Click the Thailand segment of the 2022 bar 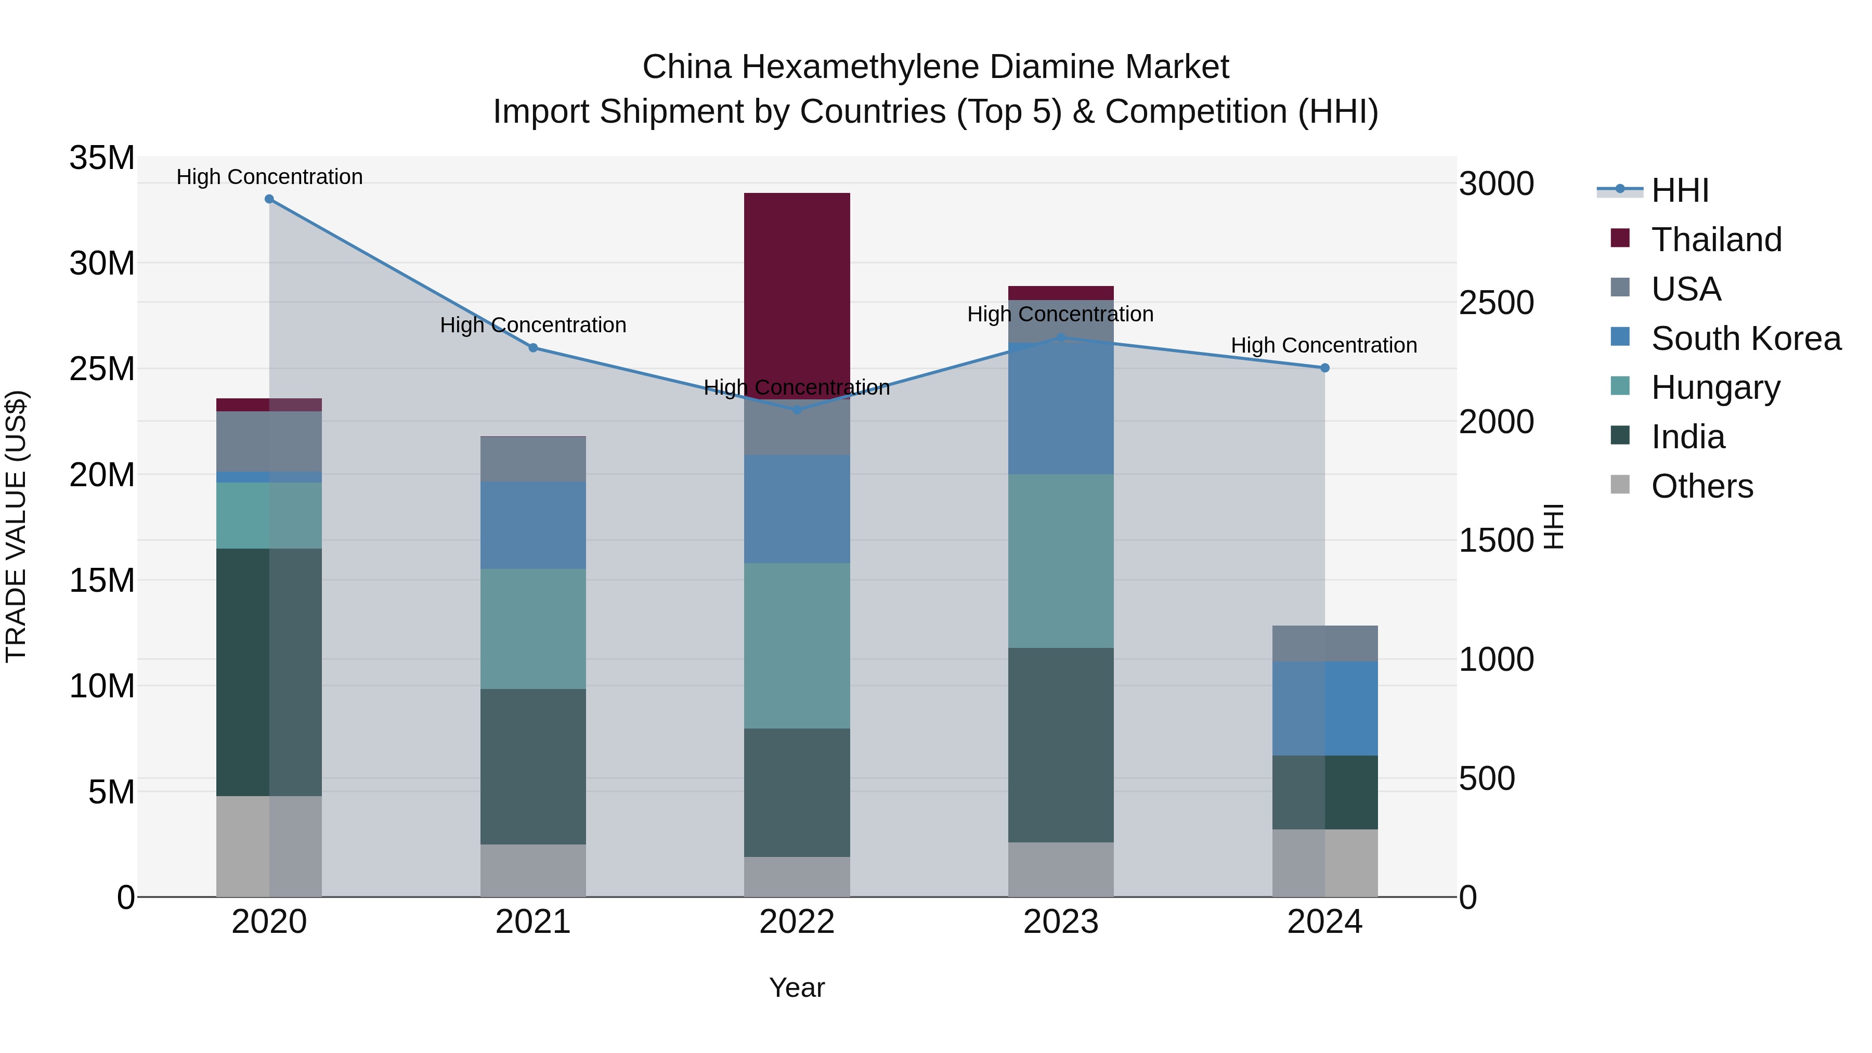click(797, 291)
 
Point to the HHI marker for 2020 click(269, 199)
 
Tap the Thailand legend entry click(1716, 240)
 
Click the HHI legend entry click(1680, 190)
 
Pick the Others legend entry click(1701, 486)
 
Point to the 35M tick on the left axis click(102, 158)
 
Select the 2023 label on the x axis click(1060, 922)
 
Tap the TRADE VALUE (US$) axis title click(16, 526)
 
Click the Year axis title click(797, 987)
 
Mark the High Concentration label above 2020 click(269, 177)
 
